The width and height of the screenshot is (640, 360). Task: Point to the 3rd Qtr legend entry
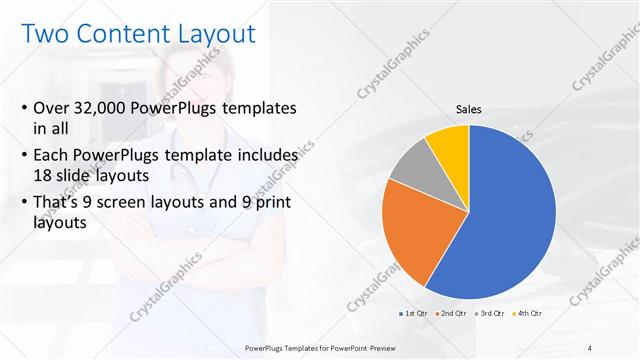[490, 315]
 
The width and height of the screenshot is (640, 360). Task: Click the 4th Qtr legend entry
[527, 315]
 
